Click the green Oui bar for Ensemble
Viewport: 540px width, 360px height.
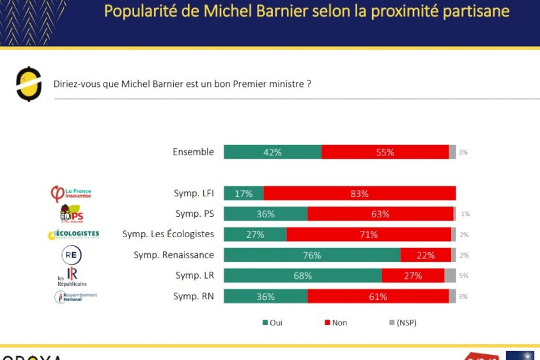[272, 152]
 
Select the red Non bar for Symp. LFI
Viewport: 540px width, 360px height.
[359, 193]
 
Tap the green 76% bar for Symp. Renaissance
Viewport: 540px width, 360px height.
[312, 255]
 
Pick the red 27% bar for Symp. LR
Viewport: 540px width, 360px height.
[413, 276]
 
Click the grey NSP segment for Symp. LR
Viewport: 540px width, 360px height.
[450, 276]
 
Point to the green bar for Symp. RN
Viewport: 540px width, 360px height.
[265, 296]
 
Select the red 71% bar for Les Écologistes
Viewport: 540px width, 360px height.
[369, 235]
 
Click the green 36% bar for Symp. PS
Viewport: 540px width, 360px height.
[265, 214]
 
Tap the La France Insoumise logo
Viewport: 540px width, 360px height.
[71, 193]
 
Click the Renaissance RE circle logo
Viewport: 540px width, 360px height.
[71, 255]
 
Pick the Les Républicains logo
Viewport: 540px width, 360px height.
[72, 276]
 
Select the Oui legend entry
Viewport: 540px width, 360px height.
[272, 323]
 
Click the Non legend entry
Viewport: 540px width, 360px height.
[336, 323]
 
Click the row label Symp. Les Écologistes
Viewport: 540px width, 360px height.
[168, 234]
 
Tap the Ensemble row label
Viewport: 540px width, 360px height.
[193, 152]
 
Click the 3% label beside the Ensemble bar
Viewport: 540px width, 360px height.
[463, 152]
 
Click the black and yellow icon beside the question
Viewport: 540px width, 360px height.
[29, 83]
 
